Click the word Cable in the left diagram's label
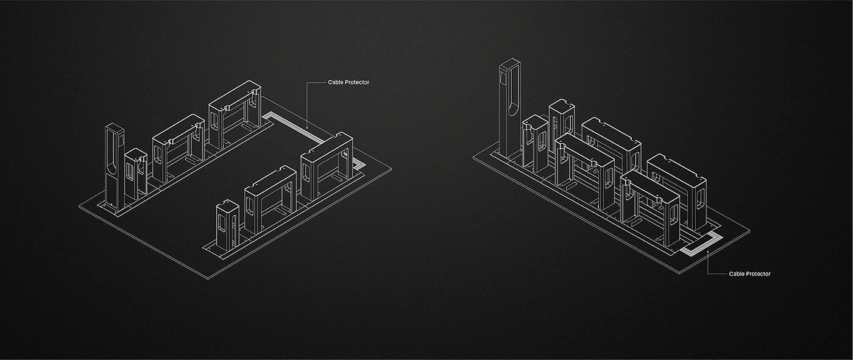(x=335, y=82)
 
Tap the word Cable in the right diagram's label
(x=736, y=274)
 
